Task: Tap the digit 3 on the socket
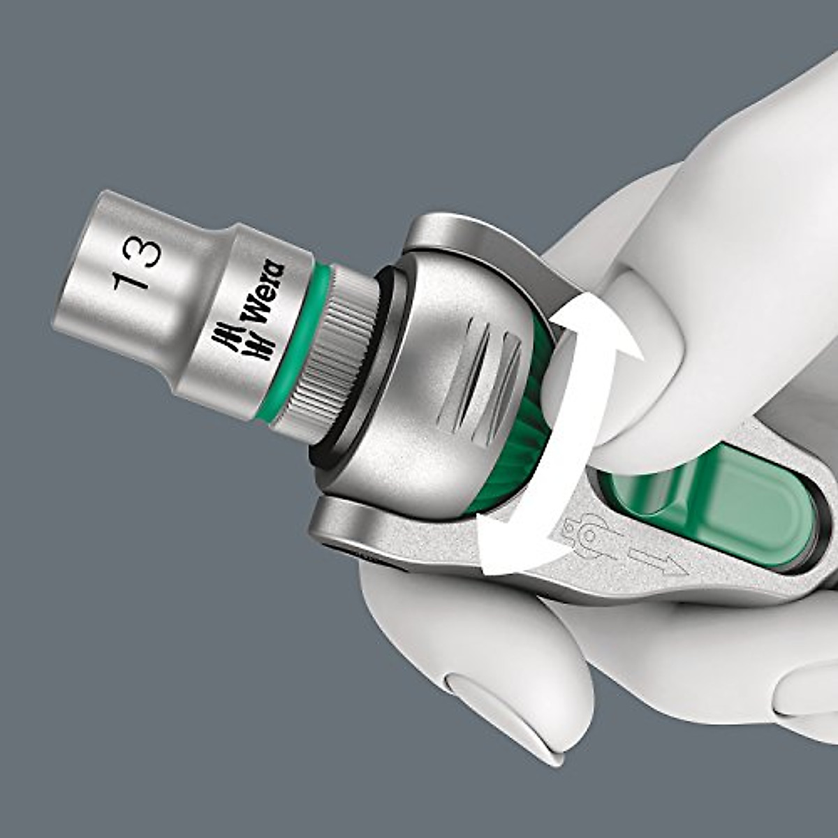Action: coord(144,251)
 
